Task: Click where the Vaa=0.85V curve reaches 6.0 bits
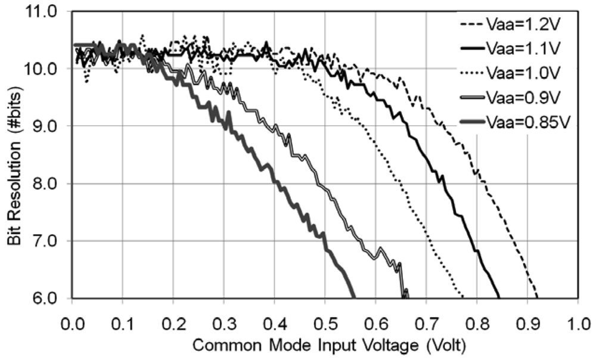(x=354, y=297)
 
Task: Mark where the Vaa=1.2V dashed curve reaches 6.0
(x=537, y=297)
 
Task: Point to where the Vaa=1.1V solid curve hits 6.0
(x=499, y=297)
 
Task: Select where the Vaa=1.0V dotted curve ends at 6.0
(x=463, y=297)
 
